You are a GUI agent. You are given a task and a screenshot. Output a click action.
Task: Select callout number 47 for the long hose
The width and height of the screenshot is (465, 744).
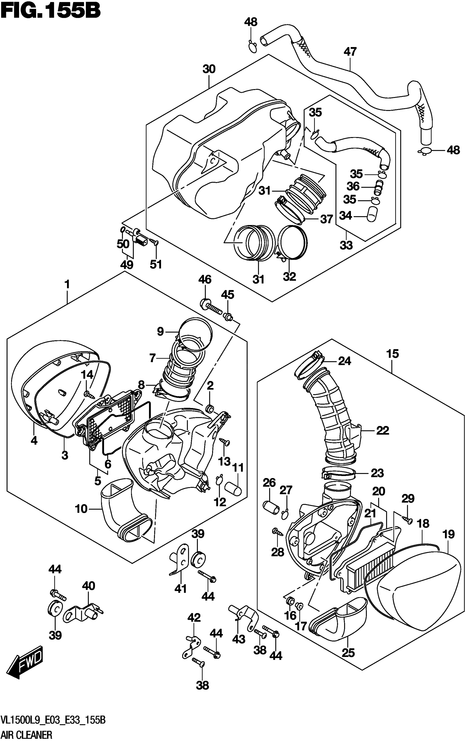[x=350, y=52]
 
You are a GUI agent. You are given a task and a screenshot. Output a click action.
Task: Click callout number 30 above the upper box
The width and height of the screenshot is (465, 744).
[x=209, y=69]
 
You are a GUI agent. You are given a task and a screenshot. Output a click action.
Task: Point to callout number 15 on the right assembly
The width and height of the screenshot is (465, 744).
[x=393, y=354]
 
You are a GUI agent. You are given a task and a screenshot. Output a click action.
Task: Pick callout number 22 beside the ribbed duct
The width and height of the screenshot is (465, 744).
[x=382, y=430]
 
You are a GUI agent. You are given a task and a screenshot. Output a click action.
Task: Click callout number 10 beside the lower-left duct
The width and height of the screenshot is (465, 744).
[x=82, y=509]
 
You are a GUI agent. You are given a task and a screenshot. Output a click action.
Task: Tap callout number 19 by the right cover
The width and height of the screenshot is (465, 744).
[x=448, y=534]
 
